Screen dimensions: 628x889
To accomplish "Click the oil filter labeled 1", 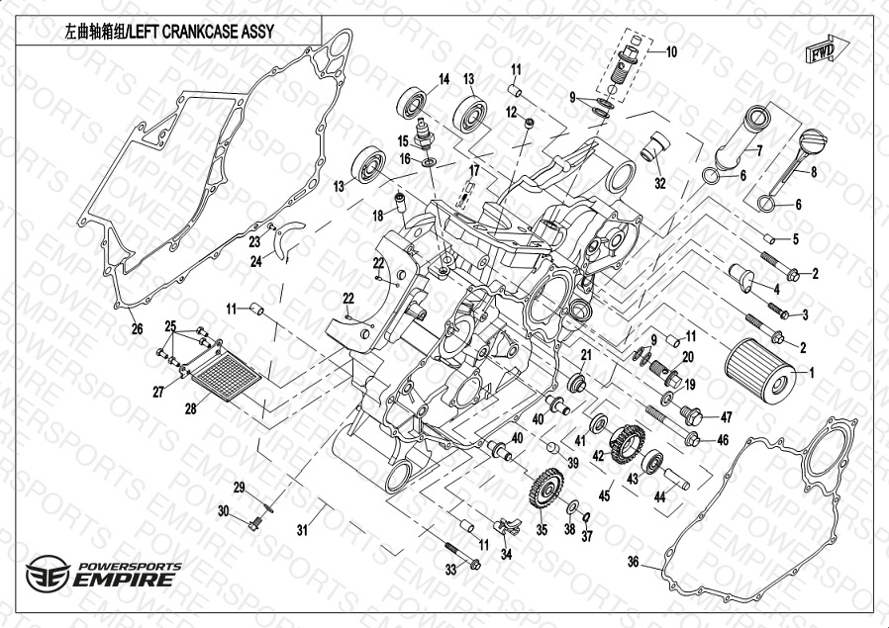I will coord(759,370).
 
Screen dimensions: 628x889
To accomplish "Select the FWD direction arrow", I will coord(822,49).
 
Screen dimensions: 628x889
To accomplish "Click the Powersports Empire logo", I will coord(104,573).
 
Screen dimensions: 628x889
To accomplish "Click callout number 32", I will coord(660,183).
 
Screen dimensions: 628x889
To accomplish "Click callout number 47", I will coord(725,416).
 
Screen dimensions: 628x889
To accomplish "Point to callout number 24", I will coord(255,261).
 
